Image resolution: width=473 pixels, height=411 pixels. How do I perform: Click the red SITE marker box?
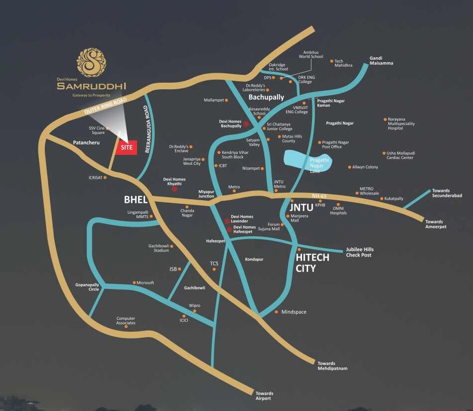tap(127, 147)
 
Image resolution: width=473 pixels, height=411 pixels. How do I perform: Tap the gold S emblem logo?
tap(91, 62)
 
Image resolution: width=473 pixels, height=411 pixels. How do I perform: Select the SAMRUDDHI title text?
tap(91, 86)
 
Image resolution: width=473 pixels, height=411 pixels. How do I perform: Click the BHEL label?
tap(136, 200)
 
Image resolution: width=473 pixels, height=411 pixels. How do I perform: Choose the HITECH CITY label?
tap(313, 263)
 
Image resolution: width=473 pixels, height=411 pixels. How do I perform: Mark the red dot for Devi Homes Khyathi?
tap(174, 189)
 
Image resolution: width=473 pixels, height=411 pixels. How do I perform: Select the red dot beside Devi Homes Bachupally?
tap(246, 123)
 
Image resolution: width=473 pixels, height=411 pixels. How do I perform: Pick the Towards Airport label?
tap(264, 396)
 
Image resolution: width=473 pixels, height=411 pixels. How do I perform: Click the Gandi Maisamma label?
tap(381, 60)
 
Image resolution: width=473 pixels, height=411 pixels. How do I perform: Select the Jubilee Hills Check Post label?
tap(359, 252)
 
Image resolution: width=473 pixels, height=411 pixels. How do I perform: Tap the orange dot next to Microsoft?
tap(134, 282)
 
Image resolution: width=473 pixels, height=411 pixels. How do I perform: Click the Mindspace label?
tap(294, 312)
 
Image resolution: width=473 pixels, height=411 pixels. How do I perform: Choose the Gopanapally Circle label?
tap(87, 286)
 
